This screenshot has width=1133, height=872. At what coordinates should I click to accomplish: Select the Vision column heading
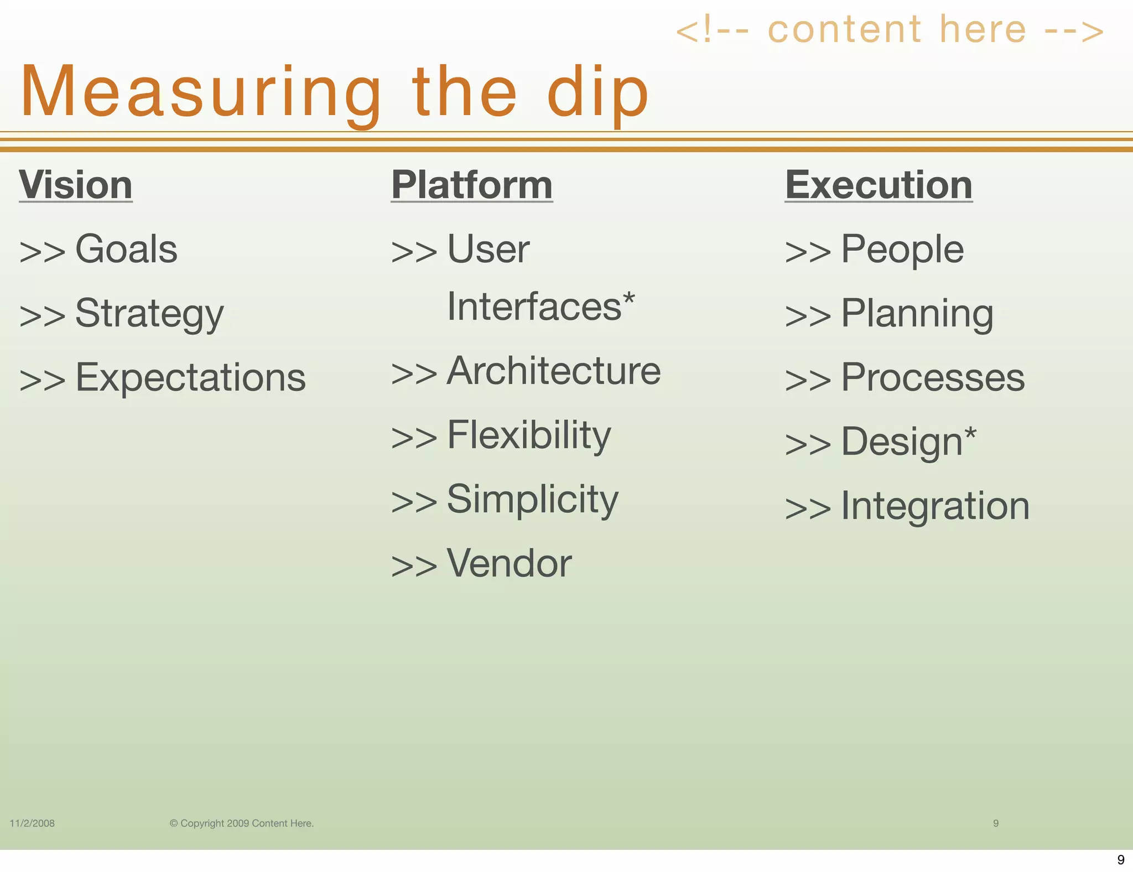point(76,185)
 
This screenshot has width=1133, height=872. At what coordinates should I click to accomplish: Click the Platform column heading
point(472,185)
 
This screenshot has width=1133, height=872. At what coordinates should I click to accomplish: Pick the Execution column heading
point(879,185)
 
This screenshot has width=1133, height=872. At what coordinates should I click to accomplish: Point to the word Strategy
point(149,314)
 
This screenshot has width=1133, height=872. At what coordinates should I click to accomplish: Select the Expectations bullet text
point(190,378)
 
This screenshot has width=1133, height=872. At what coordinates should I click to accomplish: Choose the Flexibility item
point(529,435)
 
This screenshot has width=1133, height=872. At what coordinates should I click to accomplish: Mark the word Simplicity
point(532,500)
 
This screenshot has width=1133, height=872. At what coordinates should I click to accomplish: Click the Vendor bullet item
point(509,564)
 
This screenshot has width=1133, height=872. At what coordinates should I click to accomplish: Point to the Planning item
point(917,314)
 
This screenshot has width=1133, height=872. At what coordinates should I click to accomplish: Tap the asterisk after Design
point(970,434)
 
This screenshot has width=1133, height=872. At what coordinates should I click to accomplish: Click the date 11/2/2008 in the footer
point(32,823)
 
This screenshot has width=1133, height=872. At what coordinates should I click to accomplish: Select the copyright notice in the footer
point(242,823)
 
